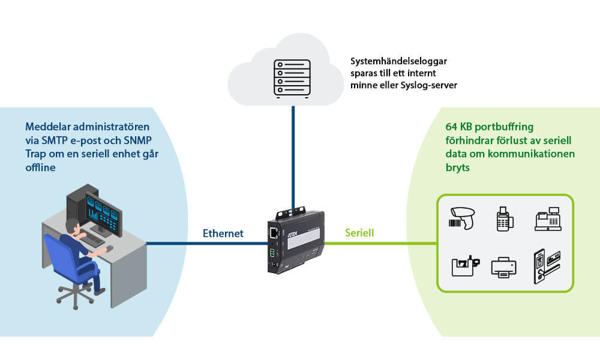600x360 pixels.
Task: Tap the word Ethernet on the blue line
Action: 223,233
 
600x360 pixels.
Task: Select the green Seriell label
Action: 359,233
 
